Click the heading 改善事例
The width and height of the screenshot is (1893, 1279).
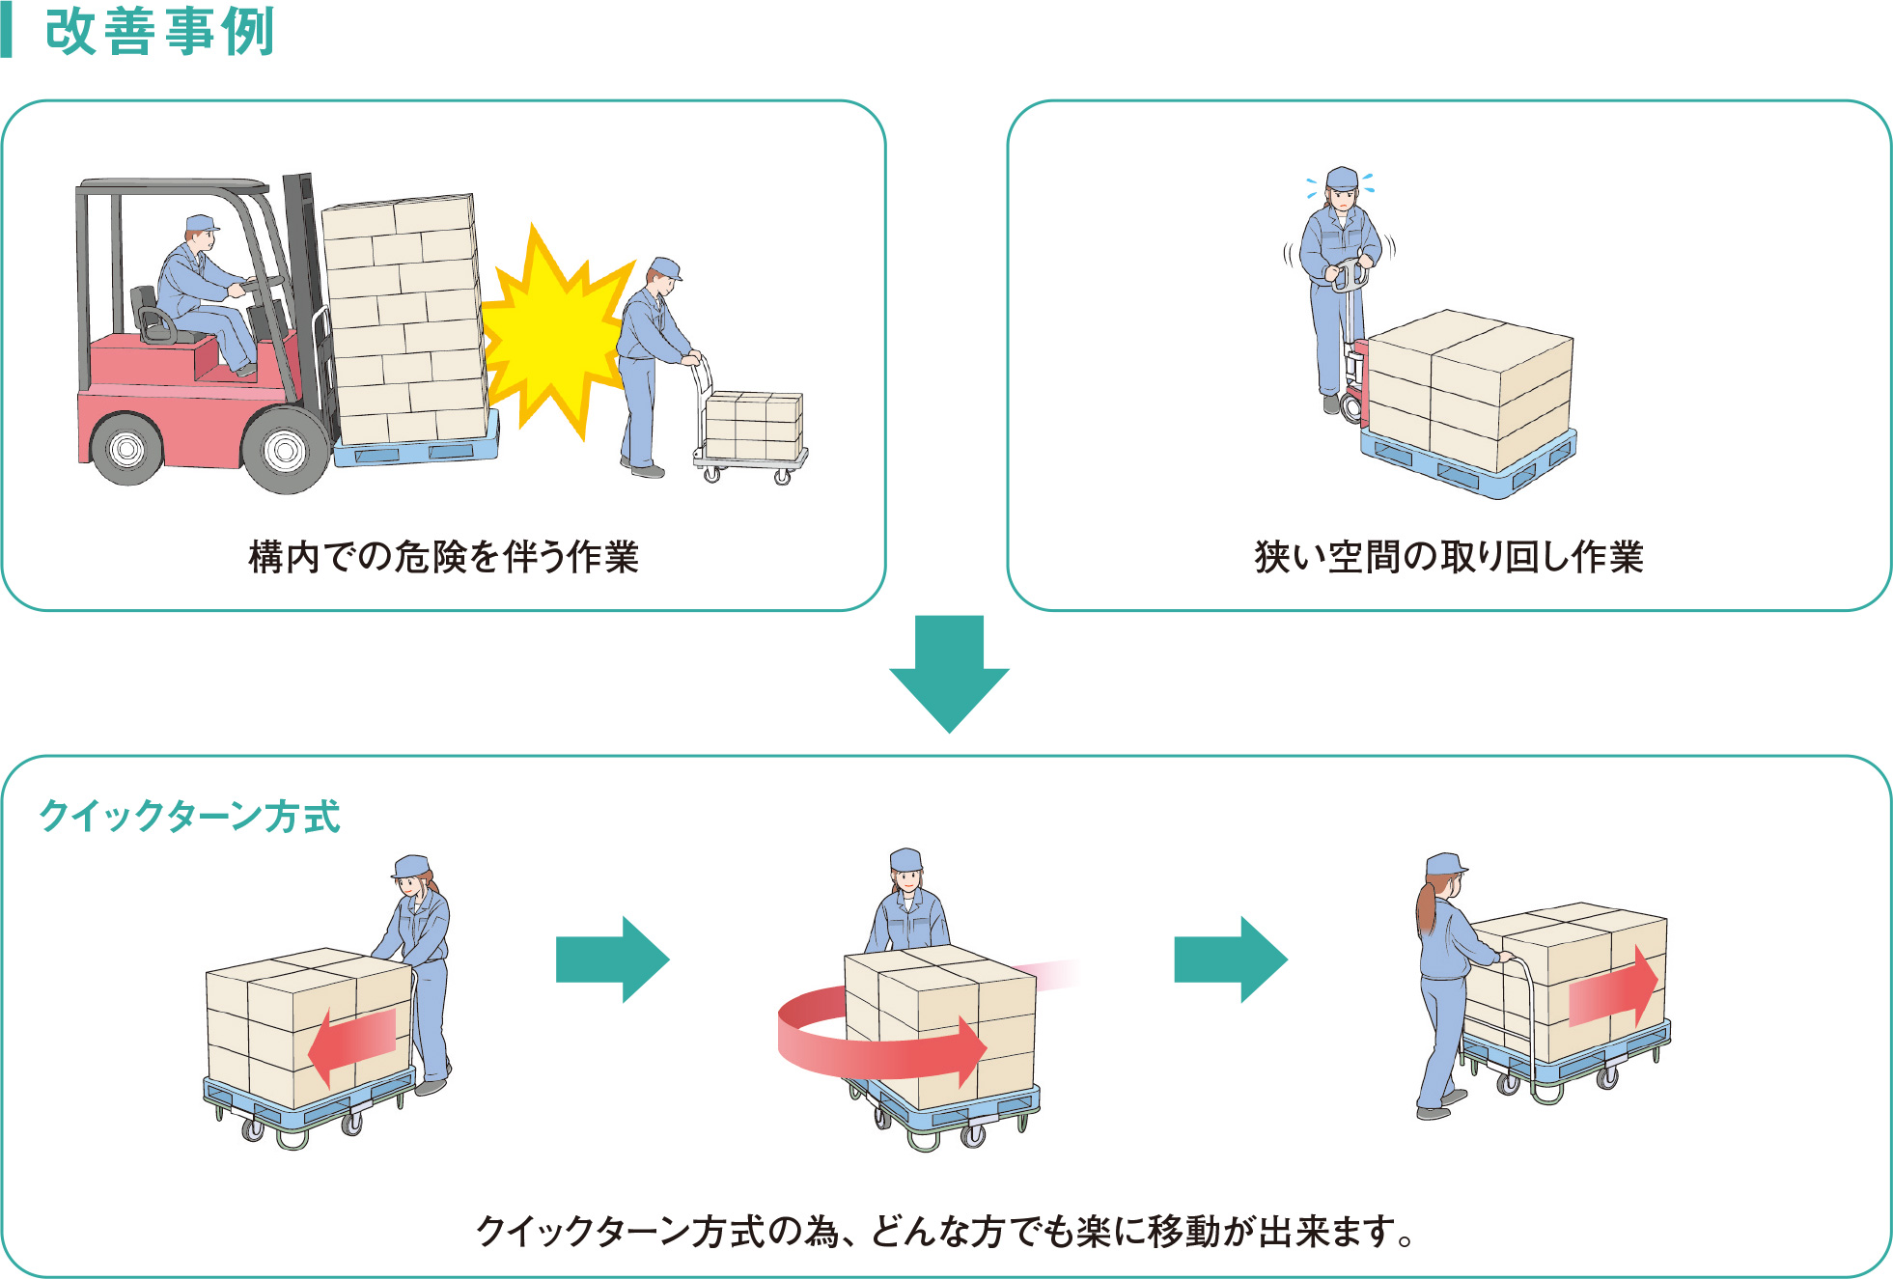click(x=159, y=32)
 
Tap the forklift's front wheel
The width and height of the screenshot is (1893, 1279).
click(x=286, y=449)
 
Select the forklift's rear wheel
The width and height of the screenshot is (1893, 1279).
click(x=125, y=448)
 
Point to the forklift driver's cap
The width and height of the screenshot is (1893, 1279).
click(x=202, y=224)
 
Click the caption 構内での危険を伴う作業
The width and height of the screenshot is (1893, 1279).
click(x=443, y=557)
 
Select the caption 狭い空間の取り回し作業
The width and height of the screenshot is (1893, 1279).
click(x=1448, y=557)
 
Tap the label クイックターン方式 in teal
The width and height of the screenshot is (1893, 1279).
click(x=189, y=817)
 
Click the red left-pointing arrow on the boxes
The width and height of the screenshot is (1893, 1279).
click(x=352, y=1043)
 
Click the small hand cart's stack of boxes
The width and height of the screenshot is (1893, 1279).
click(x=754, y=424)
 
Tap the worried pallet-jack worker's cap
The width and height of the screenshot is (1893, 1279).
click(x=1342, y=178)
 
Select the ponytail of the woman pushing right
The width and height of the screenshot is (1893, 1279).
click(x=1426, y=907)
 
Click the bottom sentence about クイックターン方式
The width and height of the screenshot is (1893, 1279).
click(x=946, y=1232)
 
